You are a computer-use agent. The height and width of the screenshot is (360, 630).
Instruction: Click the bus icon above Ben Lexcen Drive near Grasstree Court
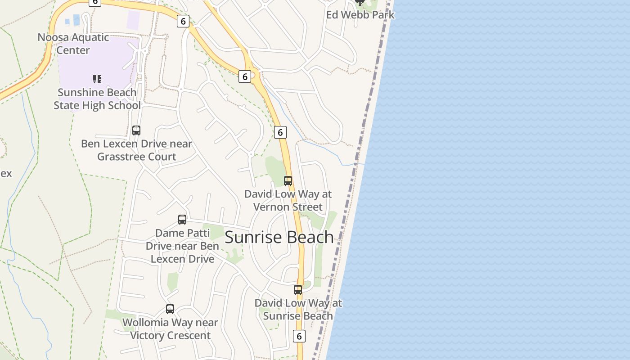[136, 130]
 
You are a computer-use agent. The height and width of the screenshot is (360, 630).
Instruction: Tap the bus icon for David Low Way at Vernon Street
[288, 181]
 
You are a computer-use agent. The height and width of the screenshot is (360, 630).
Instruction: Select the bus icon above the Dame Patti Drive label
[182, 220]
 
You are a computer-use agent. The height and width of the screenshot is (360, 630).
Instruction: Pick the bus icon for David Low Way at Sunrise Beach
[298, 290]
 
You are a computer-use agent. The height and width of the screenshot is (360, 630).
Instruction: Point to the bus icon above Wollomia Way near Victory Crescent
[170, 309]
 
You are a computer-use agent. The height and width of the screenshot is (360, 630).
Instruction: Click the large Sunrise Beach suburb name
[279, 237]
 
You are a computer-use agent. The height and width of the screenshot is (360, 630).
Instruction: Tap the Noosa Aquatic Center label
[73, 44]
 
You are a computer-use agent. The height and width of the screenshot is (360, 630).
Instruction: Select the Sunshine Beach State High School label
[97, 99]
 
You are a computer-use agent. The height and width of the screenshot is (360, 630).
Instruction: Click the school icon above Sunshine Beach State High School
[97, 79]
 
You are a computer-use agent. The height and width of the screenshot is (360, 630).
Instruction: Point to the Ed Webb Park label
[360, 15]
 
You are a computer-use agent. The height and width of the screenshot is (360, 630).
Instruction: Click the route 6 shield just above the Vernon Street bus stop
[280, 132]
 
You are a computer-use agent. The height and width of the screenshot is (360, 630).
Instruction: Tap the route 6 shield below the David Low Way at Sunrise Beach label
[299, 336]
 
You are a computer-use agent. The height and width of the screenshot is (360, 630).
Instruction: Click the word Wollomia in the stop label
[145, 323]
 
